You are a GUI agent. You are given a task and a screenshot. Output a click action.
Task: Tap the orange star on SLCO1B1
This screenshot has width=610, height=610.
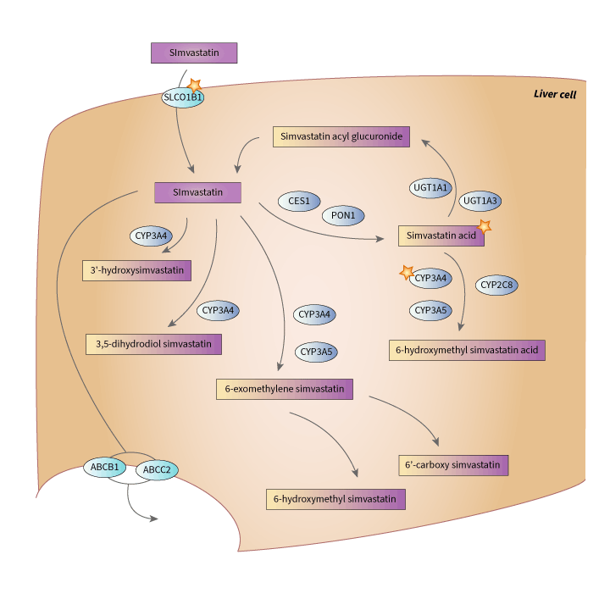(x=196, y=85)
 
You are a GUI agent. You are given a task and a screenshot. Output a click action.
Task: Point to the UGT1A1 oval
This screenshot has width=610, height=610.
(x=431, y=187)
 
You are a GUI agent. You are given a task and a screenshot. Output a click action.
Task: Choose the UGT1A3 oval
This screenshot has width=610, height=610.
(x=480, y=201)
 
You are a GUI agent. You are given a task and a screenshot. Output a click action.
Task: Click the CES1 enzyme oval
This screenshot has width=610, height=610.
(x=299, y=202)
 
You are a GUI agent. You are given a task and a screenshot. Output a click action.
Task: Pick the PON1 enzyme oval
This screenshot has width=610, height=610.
(x=343, y=216)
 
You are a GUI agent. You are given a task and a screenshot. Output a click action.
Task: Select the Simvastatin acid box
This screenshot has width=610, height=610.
(x=441, y=236)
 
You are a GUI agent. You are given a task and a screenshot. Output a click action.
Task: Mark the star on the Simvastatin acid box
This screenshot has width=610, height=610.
(x=485, y=225)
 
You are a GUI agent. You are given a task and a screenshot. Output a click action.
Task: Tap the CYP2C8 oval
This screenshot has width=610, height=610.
(x=497, y=286)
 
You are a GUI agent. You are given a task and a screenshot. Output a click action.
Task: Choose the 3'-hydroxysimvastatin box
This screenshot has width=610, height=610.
(x=136, y=270)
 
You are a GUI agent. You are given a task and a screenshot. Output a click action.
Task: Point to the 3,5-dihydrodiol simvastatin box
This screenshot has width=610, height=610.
(x=153, y=344)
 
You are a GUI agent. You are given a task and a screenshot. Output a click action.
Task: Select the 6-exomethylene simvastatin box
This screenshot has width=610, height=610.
(x=284, y=389)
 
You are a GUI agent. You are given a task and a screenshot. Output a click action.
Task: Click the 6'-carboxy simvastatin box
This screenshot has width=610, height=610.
(x=453, y=465)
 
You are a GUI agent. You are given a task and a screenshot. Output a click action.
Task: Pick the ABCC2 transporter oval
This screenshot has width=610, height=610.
(x=157, y=469)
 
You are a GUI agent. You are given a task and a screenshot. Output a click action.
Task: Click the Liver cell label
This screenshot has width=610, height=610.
(x=555, y=94)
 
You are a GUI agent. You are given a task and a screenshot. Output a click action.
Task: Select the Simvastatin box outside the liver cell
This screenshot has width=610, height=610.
(x=194, y=53)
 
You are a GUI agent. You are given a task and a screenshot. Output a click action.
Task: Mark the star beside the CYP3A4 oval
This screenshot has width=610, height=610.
(x=407, y=272)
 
